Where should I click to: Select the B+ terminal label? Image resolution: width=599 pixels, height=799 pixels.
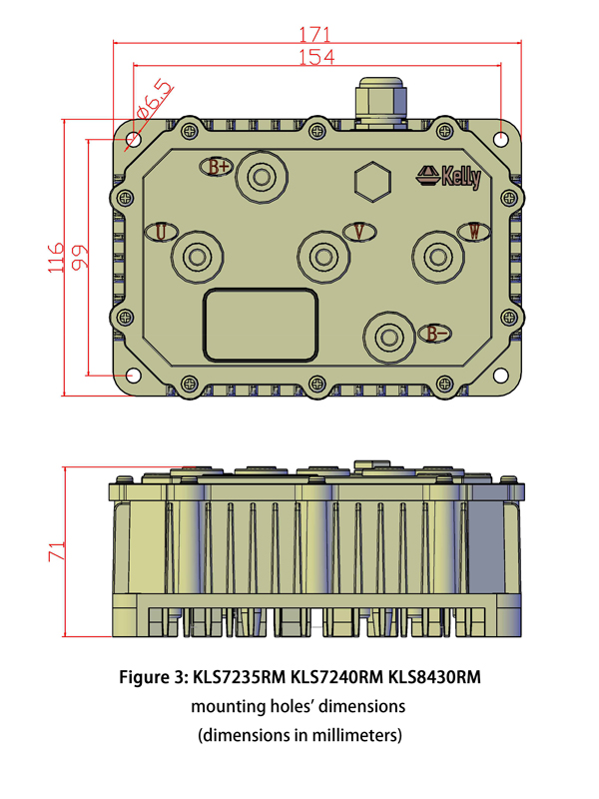[220, 167]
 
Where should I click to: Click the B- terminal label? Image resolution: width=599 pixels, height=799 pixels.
[435, 334]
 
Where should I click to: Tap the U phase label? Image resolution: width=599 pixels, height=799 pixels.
[161, 232]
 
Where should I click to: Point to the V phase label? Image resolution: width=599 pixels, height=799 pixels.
[359, 232]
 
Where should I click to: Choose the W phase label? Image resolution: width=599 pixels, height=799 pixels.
[473, 232]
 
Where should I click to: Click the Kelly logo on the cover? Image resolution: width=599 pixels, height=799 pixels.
[449, 177]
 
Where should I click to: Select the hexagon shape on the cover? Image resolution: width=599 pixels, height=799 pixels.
[371, 182]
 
